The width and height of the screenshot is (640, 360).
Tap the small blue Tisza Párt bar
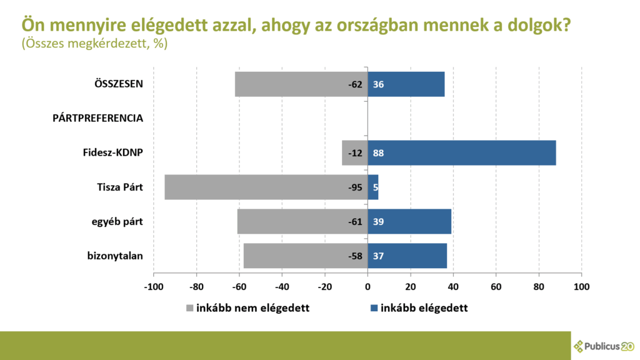pos(373,187)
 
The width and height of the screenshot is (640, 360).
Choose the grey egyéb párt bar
pos(294,221)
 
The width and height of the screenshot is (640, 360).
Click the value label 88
pos(378,153)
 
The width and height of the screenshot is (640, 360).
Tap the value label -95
pos(356,187)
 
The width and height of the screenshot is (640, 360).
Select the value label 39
pos(378,221)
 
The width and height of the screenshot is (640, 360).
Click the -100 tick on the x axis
pos(154,287)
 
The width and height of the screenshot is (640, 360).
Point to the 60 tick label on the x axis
pos(496,287)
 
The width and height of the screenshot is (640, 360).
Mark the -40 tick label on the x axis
pos(282,287)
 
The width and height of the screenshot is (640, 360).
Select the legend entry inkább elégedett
pos(419,308)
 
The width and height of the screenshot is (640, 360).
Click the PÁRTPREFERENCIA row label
pos(97,118)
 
